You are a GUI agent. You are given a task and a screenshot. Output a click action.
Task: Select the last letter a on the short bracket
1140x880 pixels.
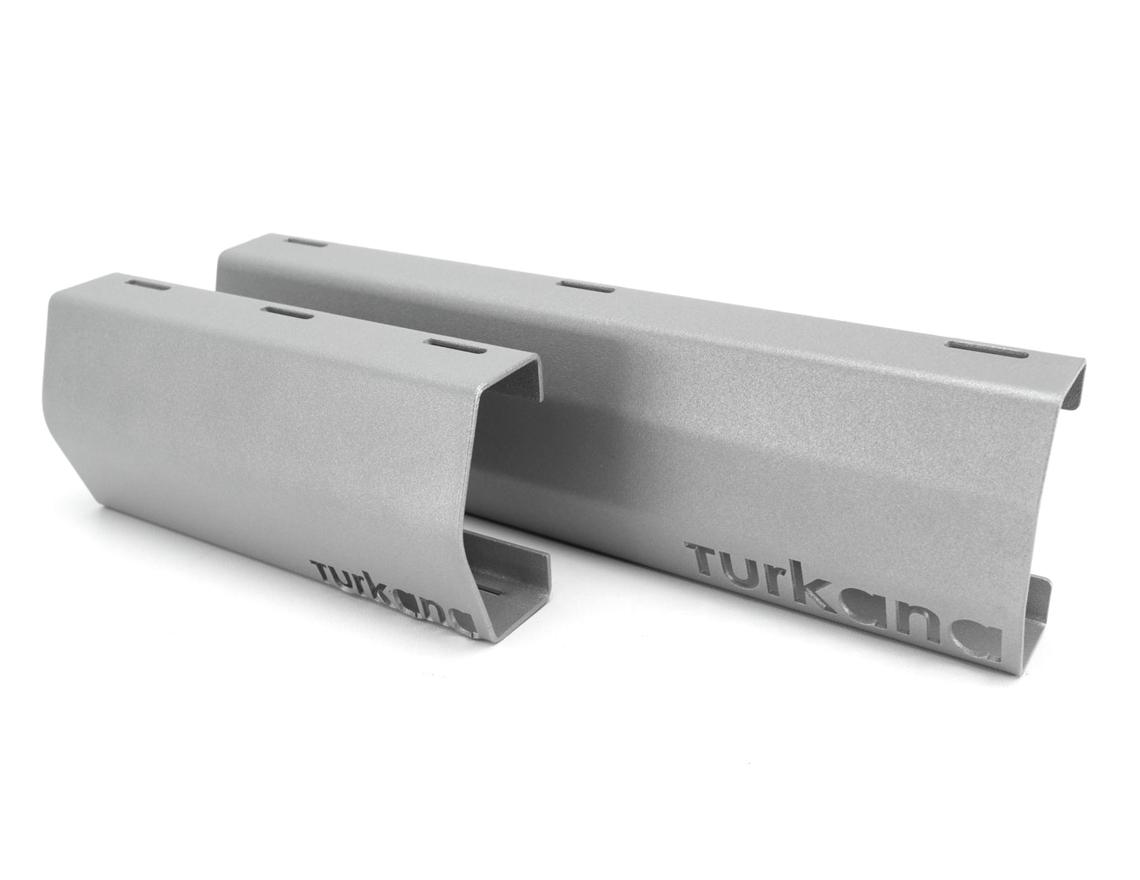point(466,623)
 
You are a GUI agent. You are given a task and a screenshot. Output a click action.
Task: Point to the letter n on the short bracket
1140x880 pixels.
point(442,614)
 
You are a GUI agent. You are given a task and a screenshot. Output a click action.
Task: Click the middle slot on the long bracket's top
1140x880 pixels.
point(585,285)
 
